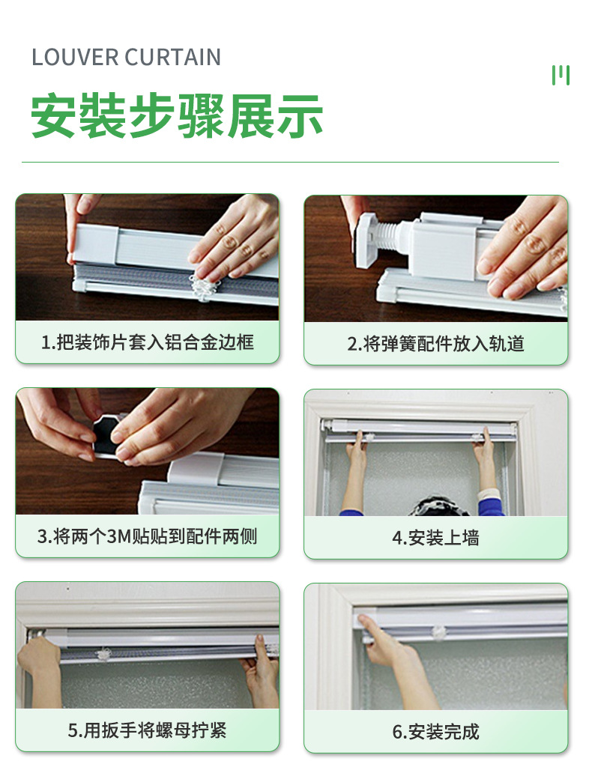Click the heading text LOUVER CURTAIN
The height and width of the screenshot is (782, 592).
click(126, 58)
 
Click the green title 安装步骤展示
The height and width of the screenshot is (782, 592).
click(177, 116)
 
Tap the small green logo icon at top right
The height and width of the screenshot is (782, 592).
click(561, 75)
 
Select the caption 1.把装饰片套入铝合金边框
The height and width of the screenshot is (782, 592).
click(148, 343)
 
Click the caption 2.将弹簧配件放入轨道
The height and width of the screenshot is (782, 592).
click(435, 344)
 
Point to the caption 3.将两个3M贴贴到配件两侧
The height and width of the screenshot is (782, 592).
click(148, 536)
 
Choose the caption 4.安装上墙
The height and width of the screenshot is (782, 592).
click(435, 538)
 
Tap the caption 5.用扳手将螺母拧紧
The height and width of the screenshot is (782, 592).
click(148, 730)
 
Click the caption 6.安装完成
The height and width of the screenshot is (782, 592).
click(435, 731)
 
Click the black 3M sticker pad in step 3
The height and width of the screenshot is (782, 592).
click(105, 439)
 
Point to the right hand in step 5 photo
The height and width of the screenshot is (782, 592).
click(261, 663)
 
